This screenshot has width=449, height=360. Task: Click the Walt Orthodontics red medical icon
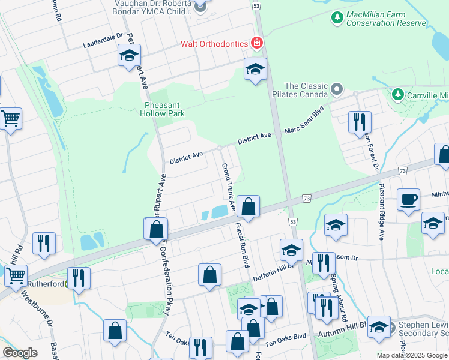pos(257,43)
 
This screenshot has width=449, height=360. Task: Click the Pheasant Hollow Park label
pos(163,108)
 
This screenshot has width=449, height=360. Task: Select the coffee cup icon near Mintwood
pos(409,199)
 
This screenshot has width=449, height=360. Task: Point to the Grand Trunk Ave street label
pos(228,186)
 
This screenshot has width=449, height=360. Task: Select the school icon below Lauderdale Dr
pos(129,55)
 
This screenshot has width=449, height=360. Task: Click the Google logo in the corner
pos(20,353)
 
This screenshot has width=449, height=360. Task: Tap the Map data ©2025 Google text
pos(411,355)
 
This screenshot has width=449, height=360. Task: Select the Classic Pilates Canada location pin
pos(336,90)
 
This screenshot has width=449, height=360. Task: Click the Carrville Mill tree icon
pos(397,95)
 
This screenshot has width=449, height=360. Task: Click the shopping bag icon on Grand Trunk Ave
pos(248,207)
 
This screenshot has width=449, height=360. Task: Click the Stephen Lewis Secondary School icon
pos(379,327)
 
